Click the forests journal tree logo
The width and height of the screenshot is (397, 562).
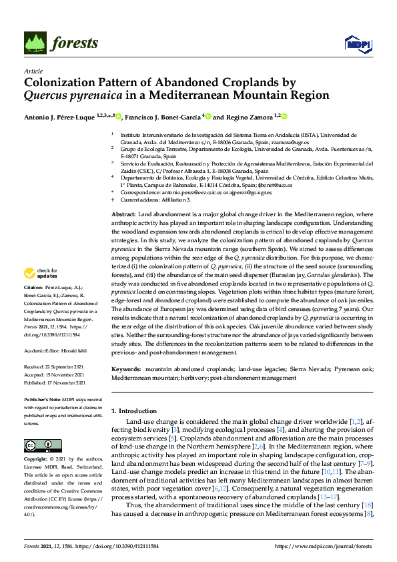[36, 43]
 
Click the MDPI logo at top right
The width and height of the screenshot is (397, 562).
[357, 44]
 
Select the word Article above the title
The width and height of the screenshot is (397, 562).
[33, 70]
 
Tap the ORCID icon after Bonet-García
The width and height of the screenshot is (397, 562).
[208, 116]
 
